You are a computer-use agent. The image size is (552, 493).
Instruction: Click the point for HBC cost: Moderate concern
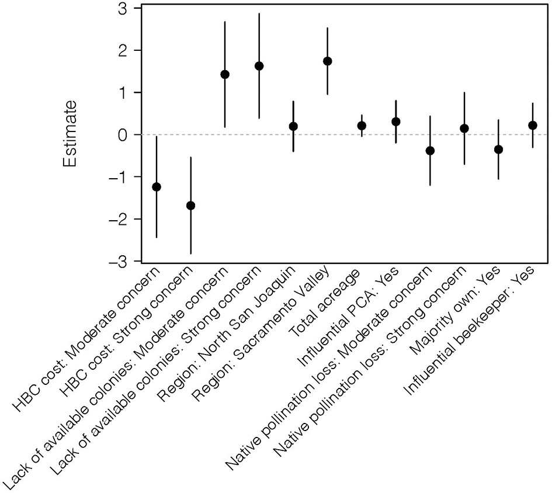click(x=156, y=187)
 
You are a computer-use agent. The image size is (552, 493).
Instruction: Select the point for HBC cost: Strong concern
click(x=190, y=206)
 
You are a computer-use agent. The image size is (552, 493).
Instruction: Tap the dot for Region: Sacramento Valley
click(x=328, y=61)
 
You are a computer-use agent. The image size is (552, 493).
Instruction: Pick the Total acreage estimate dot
click(x=362, y=126)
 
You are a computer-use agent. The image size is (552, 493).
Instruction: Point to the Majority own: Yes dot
click(x=498, y=150)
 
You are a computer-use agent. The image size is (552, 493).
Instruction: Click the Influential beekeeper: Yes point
click(x=533, y=126)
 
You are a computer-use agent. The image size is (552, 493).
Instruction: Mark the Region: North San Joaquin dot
click(x=293, y=126)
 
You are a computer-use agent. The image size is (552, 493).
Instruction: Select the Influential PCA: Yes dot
click(x=396, y=121)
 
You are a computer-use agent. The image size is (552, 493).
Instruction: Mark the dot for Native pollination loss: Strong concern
click(x=464, y=129)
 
